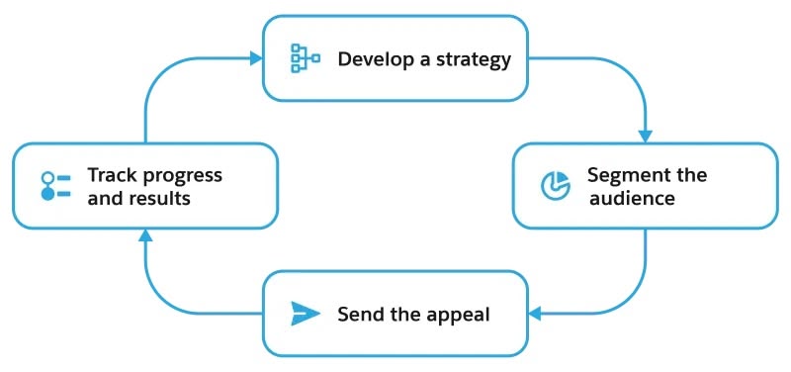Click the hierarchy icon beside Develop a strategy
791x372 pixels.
tap(306, 58)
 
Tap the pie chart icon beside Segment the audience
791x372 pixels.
tap(556, 185)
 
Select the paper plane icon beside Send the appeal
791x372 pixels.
tap(306, 314)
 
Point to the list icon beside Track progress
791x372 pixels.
tap(55, 186)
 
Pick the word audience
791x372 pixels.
tap(632, 198)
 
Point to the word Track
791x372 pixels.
tap(113, 175)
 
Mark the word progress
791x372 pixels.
tap(183, 177)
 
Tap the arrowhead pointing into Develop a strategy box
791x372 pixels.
tap(256, 58)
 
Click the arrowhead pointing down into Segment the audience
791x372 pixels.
tap(646, 137)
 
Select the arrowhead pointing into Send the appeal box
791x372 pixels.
tap(535, 314)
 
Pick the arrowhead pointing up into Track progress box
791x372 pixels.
tap(145, 235)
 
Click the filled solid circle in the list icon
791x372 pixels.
tap(47, 194)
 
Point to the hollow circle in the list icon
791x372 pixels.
tap(47, 178)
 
